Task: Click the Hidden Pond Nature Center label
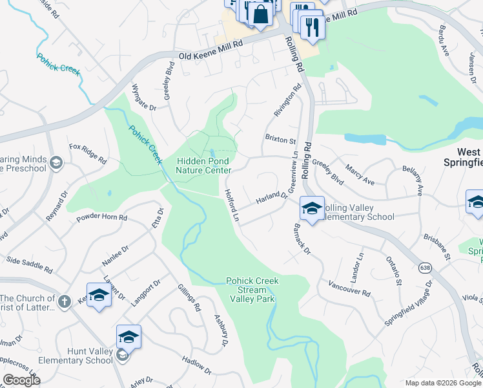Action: coord(203,166)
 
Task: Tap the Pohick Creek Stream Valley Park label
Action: coord(252,290)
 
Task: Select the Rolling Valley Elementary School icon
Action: coord(312,209)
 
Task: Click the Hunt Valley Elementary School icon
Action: coord(128,338)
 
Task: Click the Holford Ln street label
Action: coord(231,206)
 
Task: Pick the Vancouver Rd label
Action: coord(349,288)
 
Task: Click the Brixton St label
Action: coord(280,139)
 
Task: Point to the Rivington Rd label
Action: coord(287,100)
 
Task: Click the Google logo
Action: coord(21,380)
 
